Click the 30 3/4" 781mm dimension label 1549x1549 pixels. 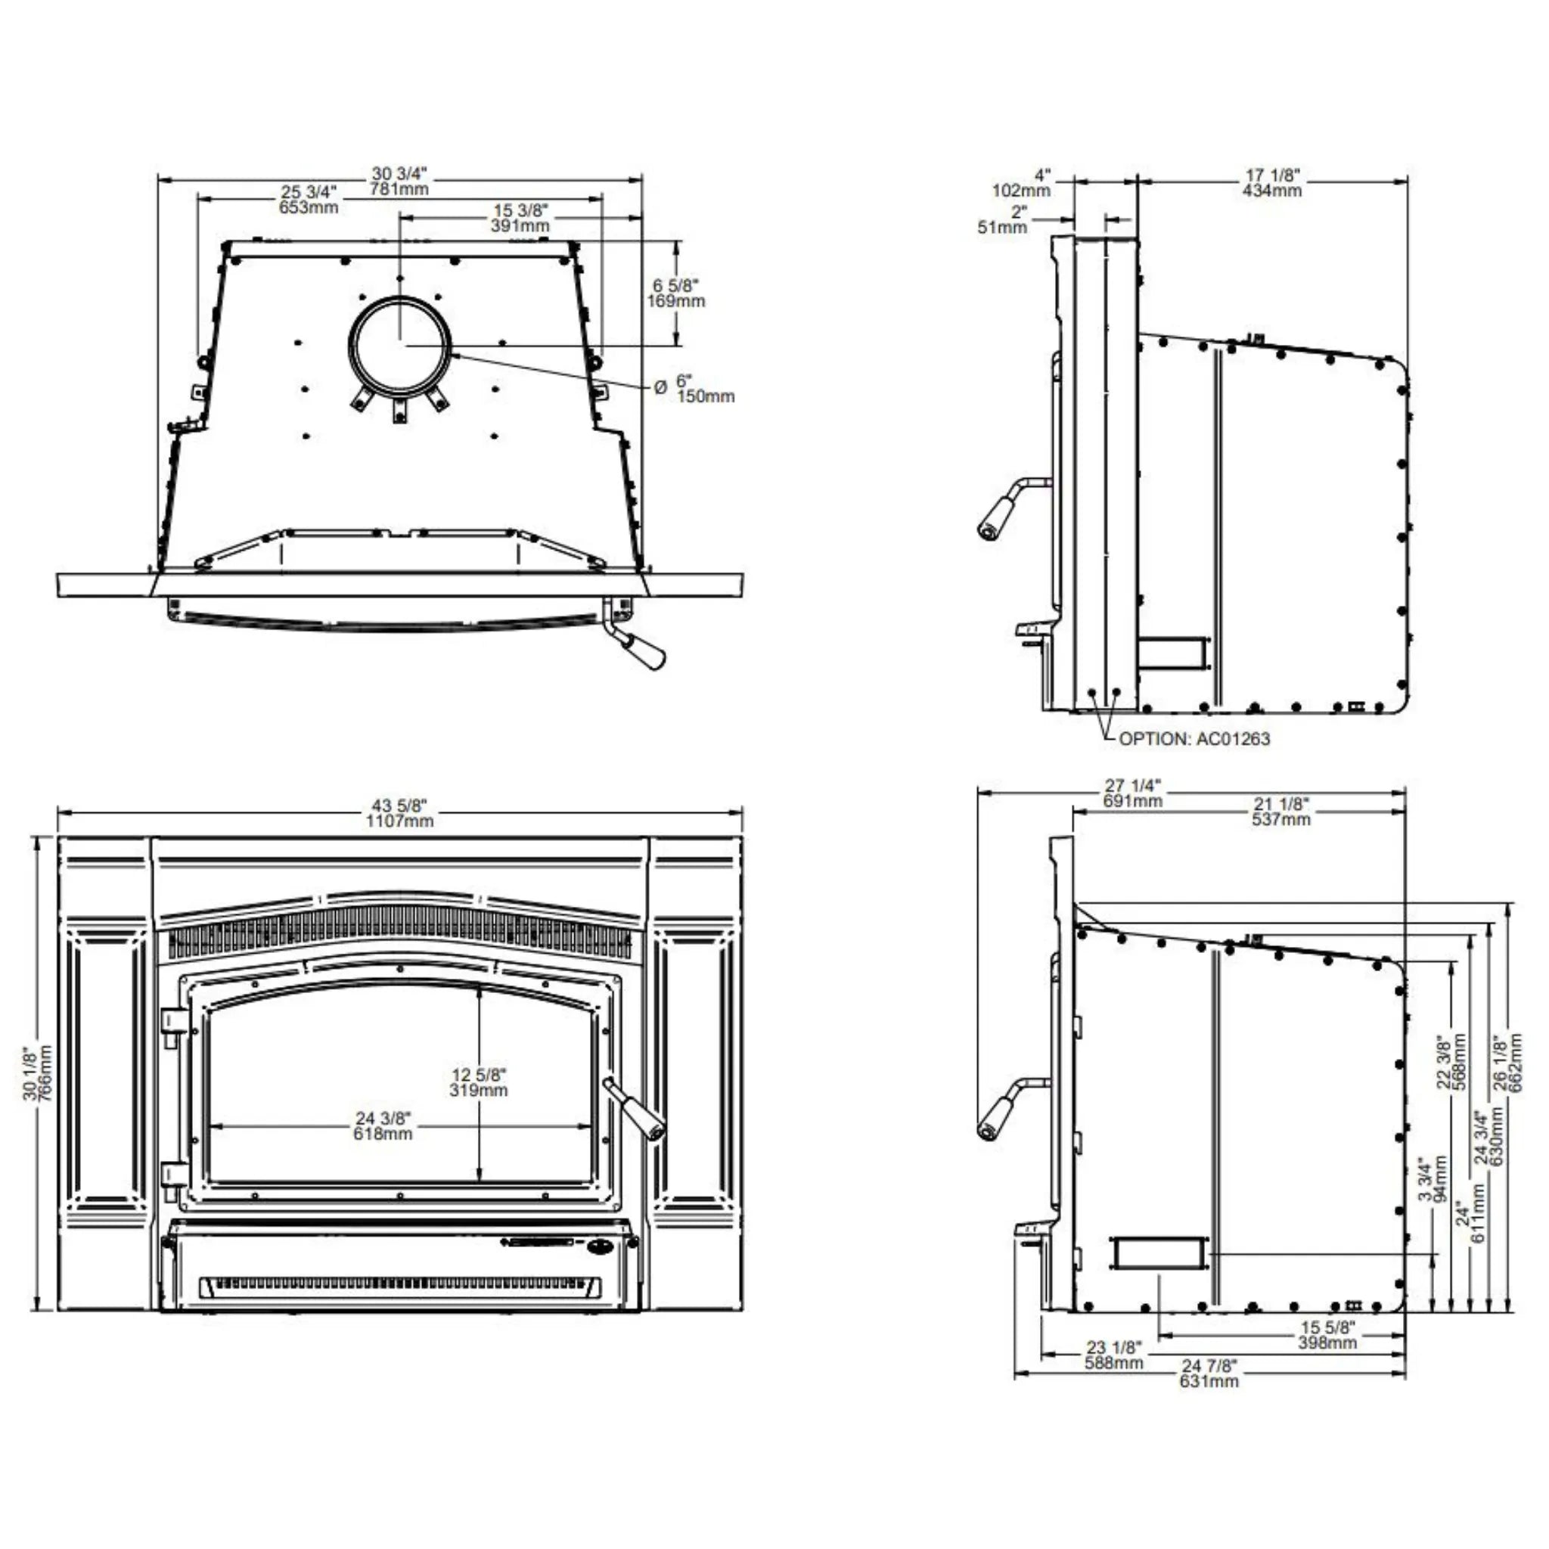(399, 182)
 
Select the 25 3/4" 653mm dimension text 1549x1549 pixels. (309, 200)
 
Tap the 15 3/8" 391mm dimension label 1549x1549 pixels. (520, 218)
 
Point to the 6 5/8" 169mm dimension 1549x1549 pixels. (676, 293)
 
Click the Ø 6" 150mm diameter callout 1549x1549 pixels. (694, 388)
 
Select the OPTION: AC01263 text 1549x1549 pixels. (1194, 739)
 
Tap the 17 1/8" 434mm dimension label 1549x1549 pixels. (1272, 183)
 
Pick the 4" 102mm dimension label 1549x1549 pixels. (1021, 183)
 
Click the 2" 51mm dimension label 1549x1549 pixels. (1002, 219)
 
